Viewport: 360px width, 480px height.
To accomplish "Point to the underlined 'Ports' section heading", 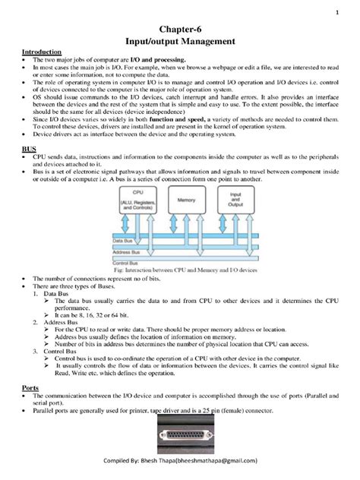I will (29, 387).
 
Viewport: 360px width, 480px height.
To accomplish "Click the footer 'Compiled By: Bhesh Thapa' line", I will (180, 460).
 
